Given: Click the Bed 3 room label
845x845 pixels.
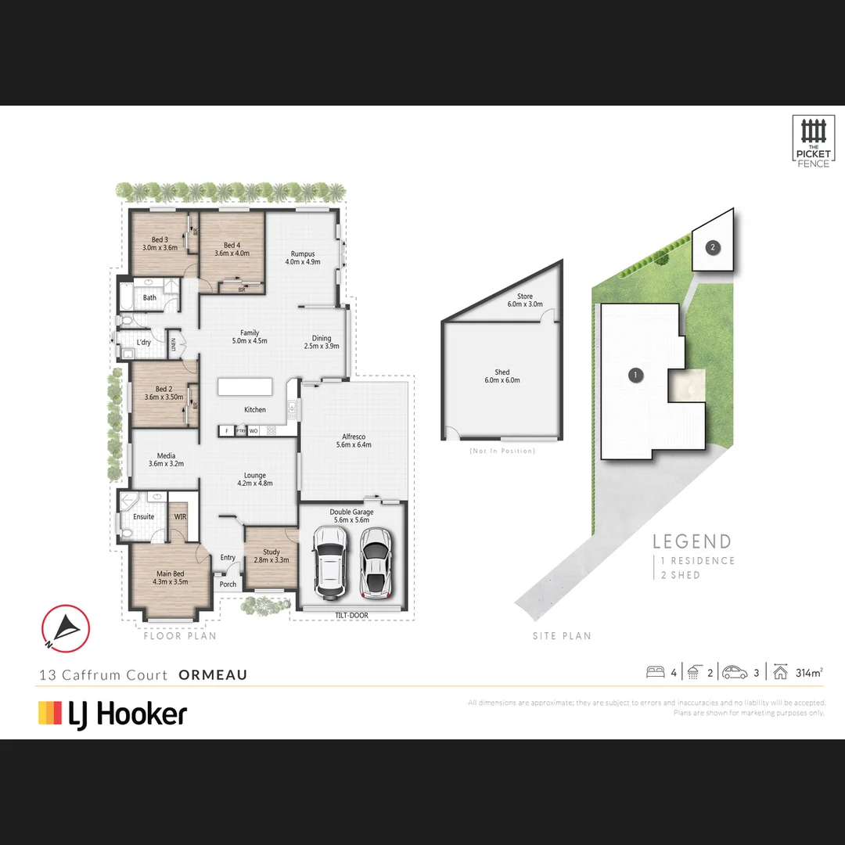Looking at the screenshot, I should point(160,243).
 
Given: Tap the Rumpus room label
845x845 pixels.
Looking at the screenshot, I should point(302,257).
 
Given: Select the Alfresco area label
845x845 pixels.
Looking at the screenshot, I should point(354,440).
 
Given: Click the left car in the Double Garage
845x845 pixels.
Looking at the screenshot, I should point(329,560).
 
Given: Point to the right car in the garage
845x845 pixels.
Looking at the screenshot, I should point(376,560).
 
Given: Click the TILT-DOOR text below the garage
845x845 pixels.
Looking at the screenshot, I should point(352,616).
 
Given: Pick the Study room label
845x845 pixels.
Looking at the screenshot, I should point(271,556).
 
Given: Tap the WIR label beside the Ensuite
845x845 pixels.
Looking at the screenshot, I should point(180,516).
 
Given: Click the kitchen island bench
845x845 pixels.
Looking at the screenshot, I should point(246,387).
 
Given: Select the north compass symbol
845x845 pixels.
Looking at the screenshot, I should point(66,628).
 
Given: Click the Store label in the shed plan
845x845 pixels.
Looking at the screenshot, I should point(524,300).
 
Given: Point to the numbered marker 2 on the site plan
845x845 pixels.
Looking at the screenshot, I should point(712,247).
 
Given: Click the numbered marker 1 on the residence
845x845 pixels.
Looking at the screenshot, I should point(636,376).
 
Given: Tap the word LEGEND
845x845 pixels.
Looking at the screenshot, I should point(692,541).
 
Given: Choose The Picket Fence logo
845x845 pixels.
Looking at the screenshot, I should point(813,142).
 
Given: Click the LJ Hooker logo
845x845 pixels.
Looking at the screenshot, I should point(113,714).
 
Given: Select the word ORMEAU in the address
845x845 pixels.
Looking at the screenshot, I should point(213,674).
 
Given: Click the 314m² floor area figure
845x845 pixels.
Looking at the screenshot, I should point(808,672).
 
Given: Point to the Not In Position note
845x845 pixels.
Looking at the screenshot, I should point(502,451).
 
